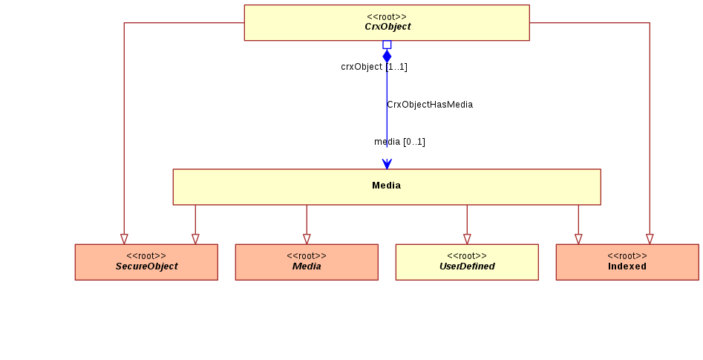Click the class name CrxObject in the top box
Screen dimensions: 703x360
(x=388, y=27)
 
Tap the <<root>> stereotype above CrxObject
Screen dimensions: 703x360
(x=387, y=17)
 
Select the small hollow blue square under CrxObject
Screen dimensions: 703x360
(x=387, y=45)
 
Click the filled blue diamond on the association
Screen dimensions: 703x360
(x=387, y=56)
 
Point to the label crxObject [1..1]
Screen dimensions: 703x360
(x=374, y=67)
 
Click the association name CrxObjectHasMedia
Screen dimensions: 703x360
(x=430, y=105)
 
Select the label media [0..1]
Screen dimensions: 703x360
(x=399, y=142)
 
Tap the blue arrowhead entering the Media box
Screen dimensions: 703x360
(x=387, y=164)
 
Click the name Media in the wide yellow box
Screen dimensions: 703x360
(x=387, y=186)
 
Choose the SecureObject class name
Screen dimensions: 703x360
(x=146, y=266)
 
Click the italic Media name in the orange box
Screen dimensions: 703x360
(x=307, y=266)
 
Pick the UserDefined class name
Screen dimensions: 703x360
(x=467, y=266)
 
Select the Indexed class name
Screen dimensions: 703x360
(x=627, y=266)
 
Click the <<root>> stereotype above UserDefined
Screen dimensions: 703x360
(x=467, y=256)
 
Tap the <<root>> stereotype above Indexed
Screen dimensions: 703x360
(x=627, y=256)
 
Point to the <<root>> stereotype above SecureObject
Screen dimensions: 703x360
(x=146, y=256)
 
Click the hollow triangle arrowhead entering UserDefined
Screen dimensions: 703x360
(x=467, y=240)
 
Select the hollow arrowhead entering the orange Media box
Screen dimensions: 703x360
(x=307, y=240)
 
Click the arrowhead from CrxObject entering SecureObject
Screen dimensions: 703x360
(x=124, y=240)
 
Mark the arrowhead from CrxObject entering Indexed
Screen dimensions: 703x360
(x=650, y=240)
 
